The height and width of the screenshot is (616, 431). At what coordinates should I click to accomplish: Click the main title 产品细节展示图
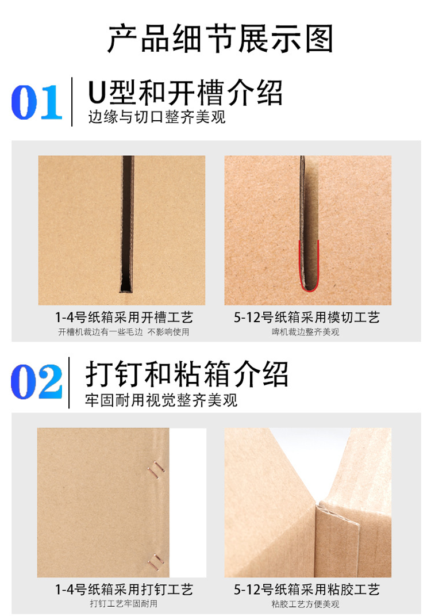tap(220, 39)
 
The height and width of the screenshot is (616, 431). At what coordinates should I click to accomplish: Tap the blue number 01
tap(37, 102)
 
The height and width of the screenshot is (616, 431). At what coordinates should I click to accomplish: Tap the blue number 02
tap(37, 381)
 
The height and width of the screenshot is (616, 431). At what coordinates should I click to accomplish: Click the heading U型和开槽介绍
tap(185, 93)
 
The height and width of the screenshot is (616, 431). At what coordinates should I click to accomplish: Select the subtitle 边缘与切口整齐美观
tap(157, 117)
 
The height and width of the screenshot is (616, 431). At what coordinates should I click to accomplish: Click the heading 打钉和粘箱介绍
tap(187, 374)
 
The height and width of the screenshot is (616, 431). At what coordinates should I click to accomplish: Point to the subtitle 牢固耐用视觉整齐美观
tap(161, 400)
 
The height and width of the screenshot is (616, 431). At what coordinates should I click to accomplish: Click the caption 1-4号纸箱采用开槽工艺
tap(124, 317)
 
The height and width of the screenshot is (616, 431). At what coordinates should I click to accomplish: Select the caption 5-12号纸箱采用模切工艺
tap(307, 317)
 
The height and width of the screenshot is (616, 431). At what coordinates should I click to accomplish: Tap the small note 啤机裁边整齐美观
tap(305, 332)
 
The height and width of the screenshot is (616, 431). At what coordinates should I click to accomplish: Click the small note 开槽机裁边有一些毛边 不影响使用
tap(124, 332)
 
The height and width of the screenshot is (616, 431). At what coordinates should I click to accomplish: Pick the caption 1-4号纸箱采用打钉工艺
tap(124, 590)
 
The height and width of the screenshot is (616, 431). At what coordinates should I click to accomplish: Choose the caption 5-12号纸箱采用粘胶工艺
tap(307, 590)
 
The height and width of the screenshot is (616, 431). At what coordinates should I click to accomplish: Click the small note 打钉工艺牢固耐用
tap(124, 603)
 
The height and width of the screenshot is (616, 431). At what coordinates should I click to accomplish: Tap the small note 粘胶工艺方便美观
tap(305, 604)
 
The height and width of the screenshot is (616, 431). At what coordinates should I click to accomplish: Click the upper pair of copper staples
tap(156, 469)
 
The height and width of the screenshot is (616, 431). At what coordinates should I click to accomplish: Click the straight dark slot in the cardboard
tap(127, 224)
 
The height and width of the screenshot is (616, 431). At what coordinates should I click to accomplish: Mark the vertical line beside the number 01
tap(72, 102)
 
